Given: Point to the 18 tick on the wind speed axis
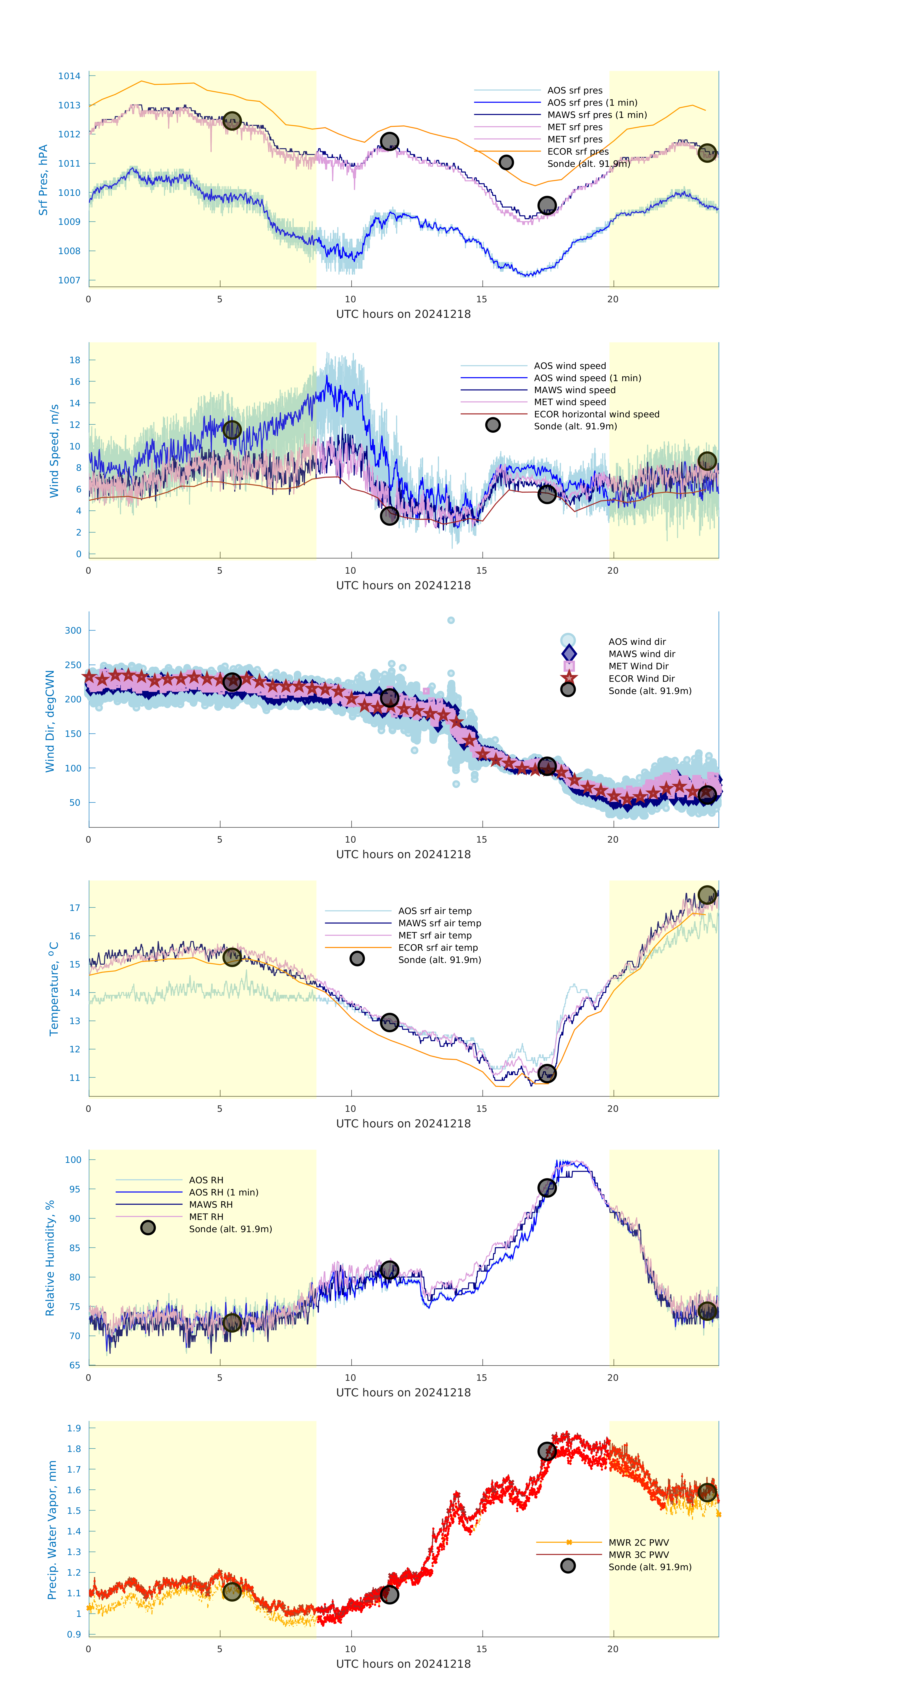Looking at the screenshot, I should [75, 360].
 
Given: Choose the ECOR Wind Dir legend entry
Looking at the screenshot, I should [641, 678].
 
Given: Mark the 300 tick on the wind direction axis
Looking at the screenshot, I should [73, 630].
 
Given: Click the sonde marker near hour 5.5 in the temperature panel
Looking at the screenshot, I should [231, 957].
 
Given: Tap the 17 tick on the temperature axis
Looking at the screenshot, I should [75, 908].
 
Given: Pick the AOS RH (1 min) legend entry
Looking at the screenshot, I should [223, 1192].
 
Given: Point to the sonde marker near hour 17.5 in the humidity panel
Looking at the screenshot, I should [546, 1188].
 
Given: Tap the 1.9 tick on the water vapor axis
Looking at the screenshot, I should [74, 1428].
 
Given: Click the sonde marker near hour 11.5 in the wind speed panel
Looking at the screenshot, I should [389, 516].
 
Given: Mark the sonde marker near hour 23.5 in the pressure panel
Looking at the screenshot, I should [707, 153].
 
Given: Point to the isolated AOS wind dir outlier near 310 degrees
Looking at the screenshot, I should [451, 621].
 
